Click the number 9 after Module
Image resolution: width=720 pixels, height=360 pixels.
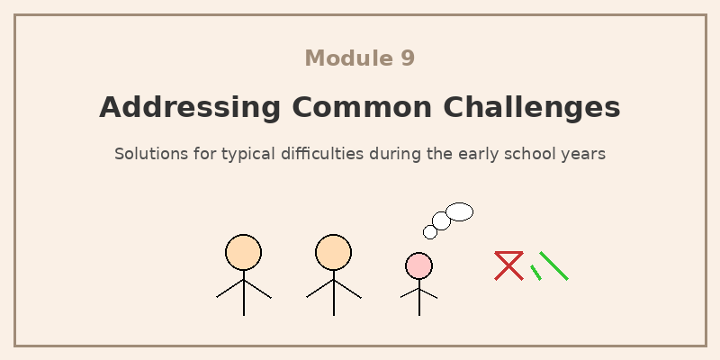(408, 58)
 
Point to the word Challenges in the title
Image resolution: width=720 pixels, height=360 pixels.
(532, 107)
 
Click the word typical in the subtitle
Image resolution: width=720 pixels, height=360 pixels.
(237, 154)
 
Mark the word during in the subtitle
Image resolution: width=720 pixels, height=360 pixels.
(394, 154)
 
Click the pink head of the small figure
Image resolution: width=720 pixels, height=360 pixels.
(418, 265)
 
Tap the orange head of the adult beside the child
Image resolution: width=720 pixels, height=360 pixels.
(333, 252)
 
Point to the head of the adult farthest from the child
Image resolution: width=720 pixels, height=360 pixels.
(243, 252)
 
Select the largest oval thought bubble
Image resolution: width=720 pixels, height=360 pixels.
(459, 211)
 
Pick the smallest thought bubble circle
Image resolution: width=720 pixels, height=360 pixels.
(430, 232)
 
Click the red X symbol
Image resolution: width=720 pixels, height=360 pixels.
(508, 266)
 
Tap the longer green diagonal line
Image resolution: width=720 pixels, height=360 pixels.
(553, 265)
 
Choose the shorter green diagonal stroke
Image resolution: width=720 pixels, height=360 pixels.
(535, 273)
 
